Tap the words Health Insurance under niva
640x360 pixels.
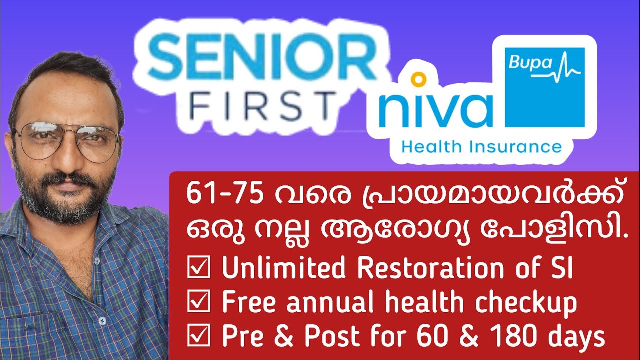pos(481,147)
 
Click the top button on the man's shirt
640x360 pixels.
pos(102,320)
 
